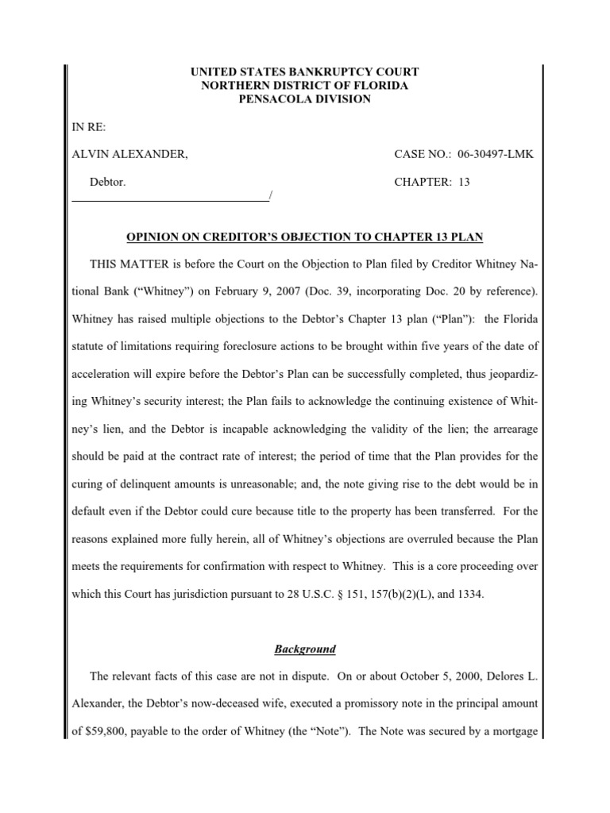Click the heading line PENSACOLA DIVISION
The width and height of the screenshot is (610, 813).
pyautogui.click(x=305, y=98)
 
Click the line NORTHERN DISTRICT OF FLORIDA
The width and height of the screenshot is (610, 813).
pyautogui.click(x=305, y=85)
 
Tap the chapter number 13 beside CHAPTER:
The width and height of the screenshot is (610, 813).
pyautogui.click(x=465, y=182)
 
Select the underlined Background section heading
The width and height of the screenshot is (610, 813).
pyautogui.click(x=305, y=649)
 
